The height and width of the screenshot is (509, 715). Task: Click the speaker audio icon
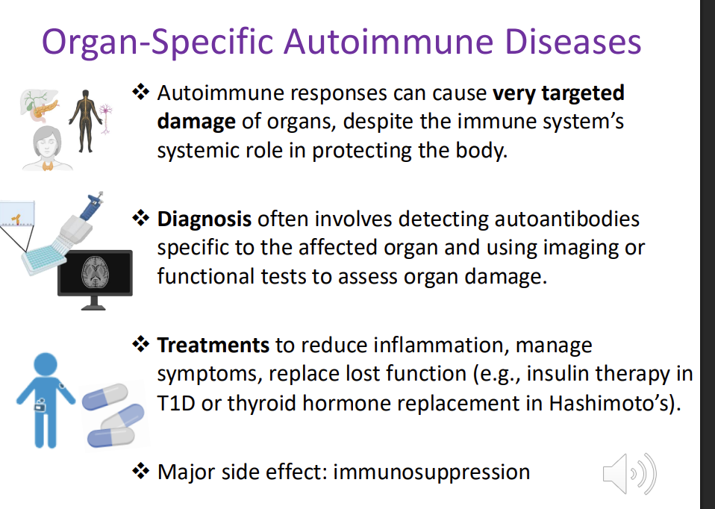pyautogui.click(x=628, y=473)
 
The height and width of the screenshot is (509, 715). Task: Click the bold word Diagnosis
pyautogui.click(x=204, y=219)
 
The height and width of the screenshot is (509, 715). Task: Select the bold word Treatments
pyautogui.click(x=213, y=346)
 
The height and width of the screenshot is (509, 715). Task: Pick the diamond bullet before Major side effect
pyautogui.click(x=141, y=472)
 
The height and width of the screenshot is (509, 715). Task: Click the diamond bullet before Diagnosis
pyautogui.click(x=141, y=219)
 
